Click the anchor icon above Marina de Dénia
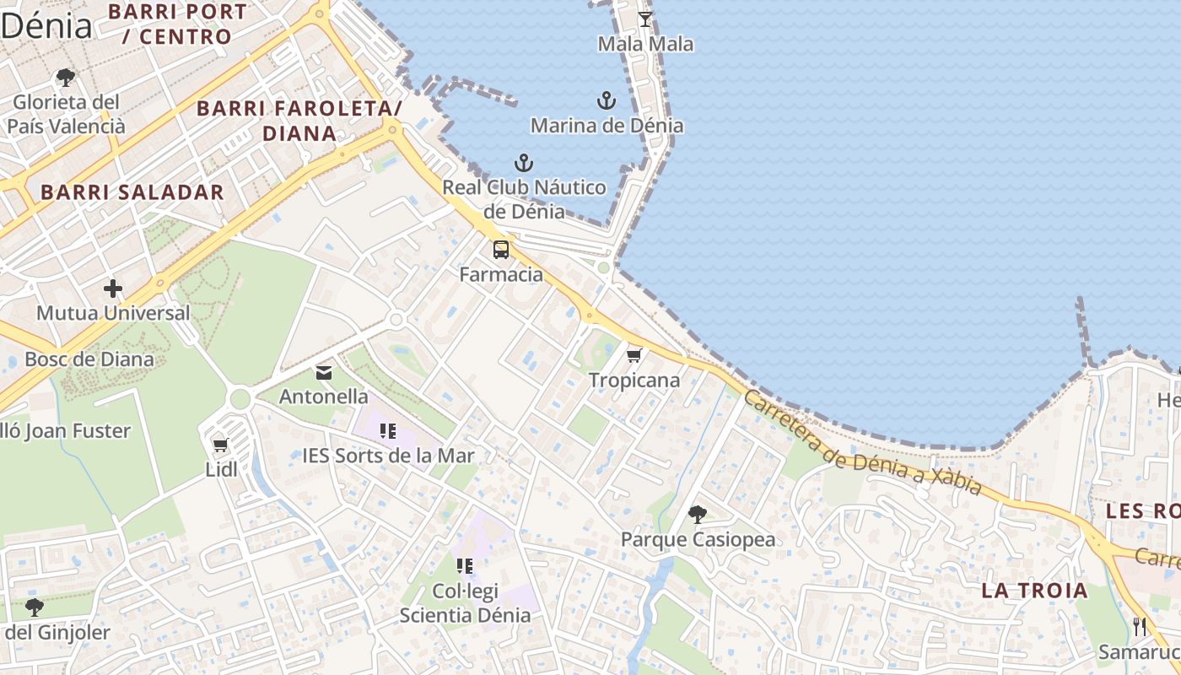[606, 101]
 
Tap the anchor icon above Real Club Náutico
[524, 163]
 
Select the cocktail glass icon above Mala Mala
[645, 19]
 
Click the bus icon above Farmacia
[501, 250]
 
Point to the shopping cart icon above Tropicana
[634, 355]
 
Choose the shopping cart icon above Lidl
[221, 445]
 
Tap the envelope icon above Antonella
[324, 372]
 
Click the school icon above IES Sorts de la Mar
[388, 432]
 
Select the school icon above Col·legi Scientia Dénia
[465, 565]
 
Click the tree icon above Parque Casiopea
[698, 514]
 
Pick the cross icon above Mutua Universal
[113, 289]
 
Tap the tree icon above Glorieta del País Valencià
[65, 78]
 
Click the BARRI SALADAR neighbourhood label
[132, 192]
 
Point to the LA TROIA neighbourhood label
[1035, 591]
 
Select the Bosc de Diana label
[89, 359]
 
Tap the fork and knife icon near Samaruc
[1141, 626]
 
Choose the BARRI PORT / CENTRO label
[177, 24]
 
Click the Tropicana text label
[634, 381]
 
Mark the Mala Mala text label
[645, 44]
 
